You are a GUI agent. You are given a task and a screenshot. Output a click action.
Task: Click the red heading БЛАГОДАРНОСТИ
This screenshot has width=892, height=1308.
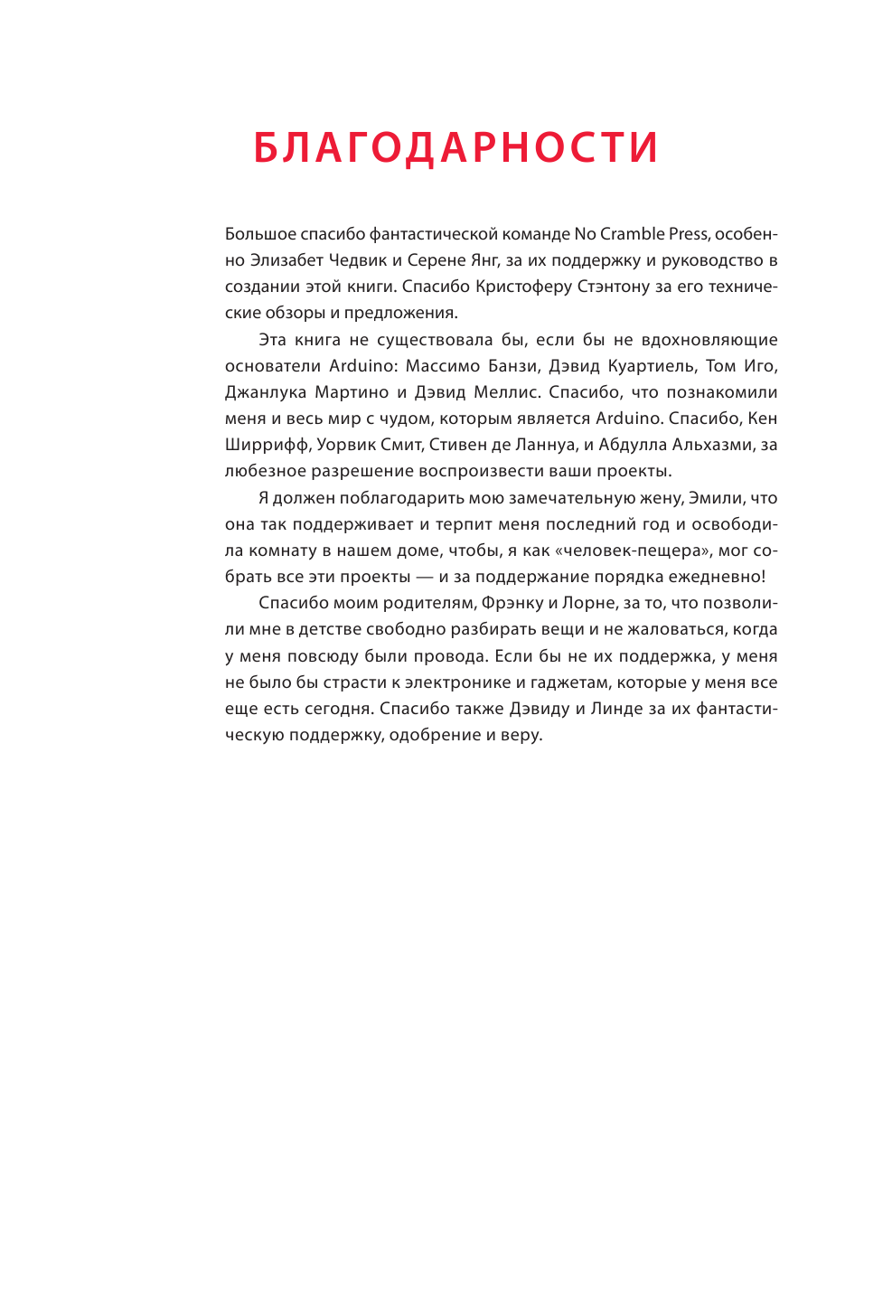click(455, 149)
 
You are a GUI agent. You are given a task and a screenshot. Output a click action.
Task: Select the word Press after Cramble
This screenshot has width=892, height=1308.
click(689, 234)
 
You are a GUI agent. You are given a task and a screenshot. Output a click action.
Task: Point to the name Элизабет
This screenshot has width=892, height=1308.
click(287, 260)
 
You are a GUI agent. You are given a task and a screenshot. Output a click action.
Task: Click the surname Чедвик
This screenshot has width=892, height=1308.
click(359, 260)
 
